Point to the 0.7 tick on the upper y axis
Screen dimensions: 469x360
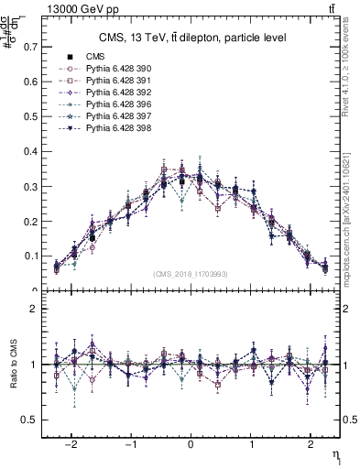(31, 46)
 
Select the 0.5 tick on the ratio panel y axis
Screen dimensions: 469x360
(31, 420)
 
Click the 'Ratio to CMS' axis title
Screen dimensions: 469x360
(11, 364)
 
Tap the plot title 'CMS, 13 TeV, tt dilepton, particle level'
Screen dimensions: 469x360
(192, 38)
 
